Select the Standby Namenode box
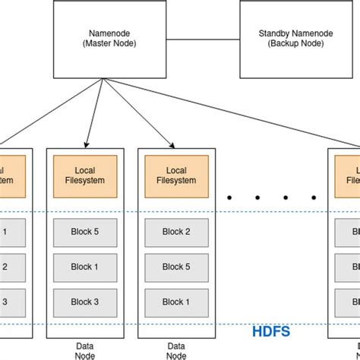[x=287, y=38]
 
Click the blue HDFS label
[x=270, y=331]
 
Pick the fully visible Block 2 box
[x=176, y=232]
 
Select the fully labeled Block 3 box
[x=85, y=302]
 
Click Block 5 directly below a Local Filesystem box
[x=85, y=232]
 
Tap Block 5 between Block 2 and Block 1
[x=176, y=267]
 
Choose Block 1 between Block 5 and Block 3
[x=85, y=267]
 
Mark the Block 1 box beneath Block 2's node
[x=176, y=302]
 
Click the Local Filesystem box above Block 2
[x=176, y=175]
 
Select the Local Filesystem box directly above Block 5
[x=85, y=175]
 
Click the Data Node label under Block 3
[x=85, y=349]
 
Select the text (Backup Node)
[x=287, y=44]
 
